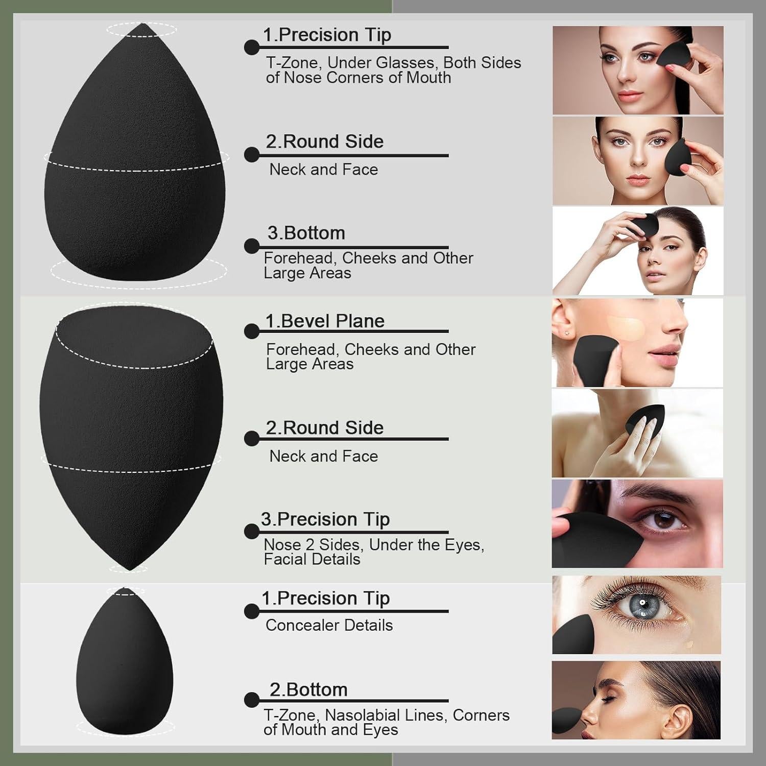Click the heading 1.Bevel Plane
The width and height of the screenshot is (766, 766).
(x=324, y=321)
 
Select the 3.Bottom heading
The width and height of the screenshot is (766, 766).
(x=306, y=233)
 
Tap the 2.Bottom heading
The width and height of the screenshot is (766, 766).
(x=308, y=689)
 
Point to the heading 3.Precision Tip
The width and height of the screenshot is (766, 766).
(x=325, y=519)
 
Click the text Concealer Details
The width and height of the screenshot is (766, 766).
(x=329, y=625)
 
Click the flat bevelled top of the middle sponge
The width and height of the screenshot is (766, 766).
(x=134, y=337)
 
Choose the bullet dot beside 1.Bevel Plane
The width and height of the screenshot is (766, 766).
(x=251, y=331)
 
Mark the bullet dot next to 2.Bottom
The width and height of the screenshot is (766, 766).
(x=251, y=700)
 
